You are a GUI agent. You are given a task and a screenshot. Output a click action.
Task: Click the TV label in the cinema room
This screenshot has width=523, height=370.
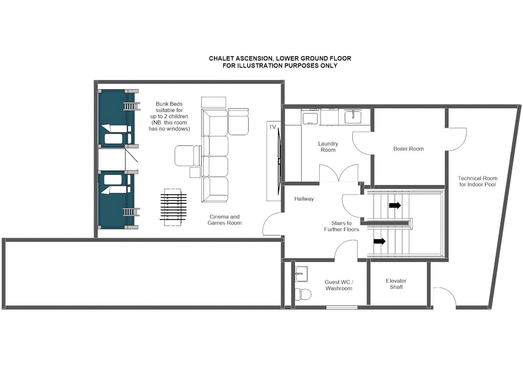point(272,127)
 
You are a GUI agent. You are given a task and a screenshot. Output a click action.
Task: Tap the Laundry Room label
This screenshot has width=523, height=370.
point(328,147)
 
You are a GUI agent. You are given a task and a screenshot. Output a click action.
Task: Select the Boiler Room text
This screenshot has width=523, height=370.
point(408,149)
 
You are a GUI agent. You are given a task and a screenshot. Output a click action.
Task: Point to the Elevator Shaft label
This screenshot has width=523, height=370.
point(396,284)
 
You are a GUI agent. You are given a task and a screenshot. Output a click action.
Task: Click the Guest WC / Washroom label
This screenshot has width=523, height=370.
point(339,285)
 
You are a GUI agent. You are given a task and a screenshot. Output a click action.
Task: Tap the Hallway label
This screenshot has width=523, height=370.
point(304,199)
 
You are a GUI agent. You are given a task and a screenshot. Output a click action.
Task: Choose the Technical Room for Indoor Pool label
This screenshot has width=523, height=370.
point(477,181)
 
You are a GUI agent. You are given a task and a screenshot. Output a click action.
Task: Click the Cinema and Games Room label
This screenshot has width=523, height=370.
point(224,220)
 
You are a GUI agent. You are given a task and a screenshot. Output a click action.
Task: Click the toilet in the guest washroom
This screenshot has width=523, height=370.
point(303,294)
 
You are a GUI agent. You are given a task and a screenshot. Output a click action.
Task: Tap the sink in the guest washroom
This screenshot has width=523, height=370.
point(301,274)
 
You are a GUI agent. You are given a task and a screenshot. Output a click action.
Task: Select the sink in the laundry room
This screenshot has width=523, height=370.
point(353,117)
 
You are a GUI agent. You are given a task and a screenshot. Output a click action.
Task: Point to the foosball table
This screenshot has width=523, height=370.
point(173,207)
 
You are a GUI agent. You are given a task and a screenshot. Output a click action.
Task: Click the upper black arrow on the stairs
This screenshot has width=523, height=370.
point(395,205)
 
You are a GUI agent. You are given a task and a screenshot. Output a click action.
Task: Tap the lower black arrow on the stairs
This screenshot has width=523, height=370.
point(379,241)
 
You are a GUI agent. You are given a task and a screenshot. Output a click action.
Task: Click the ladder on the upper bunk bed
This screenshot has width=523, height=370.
point(132,106)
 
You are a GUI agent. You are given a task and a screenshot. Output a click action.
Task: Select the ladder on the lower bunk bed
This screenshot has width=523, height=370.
point(131,212)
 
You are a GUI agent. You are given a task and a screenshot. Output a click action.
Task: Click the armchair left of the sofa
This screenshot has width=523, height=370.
point(188,156)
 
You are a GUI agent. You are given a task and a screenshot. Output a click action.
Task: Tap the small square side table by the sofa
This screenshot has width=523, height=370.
point(195,172)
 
